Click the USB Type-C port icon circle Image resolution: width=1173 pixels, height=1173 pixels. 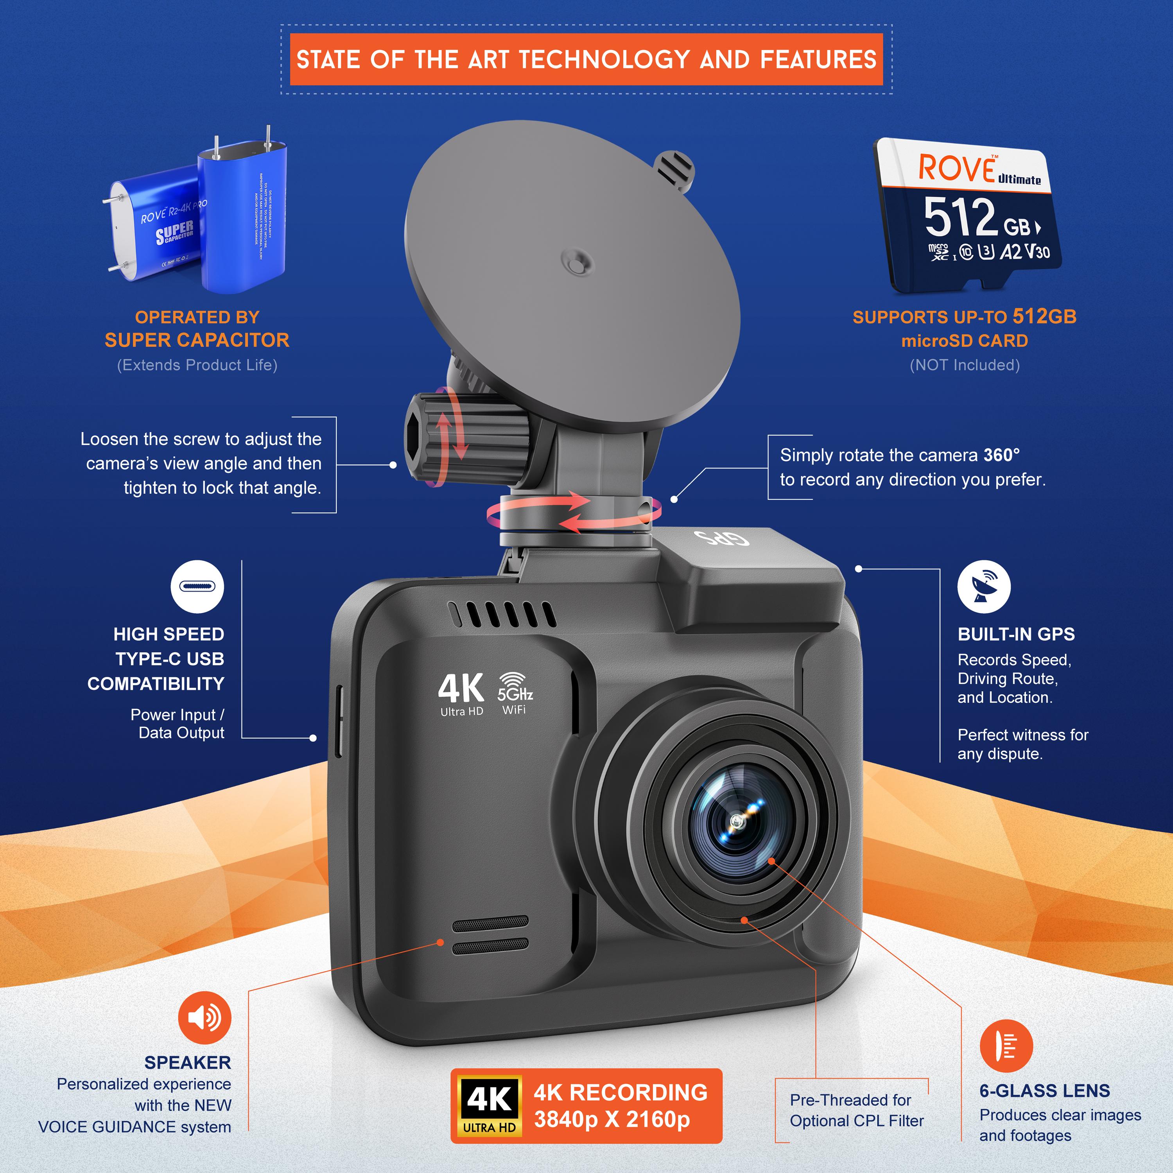[x=197, y=586]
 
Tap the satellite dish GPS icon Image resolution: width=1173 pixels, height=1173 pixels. [x=984, y=586]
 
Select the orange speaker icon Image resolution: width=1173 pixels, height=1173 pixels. [x=204, y=1017]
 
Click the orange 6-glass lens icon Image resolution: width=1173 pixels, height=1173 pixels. [x=1006, y=1046]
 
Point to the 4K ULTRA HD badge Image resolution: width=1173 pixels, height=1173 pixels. [x=489, y=1106]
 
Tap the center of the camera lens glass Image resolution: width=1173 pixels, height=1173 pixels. [x=737, y=821]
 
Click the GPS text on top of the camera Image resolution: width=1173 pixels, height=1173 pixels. [x=722, y=537]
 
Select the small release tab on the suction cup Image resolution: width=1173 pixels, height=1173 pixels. [x=674, y=169]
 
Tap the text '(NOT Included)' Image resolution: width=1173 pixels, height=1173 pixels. [x=964, y=365]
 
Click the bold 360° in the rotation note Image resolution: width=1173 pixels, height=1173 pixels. [x=1001, y=455]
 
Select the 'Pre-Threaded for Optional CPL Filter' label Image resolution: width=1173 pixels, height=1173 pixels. [x=856, y=1110]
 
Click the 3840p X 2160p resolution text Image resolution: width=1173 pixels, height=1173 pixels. [x=612, y=1119]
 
